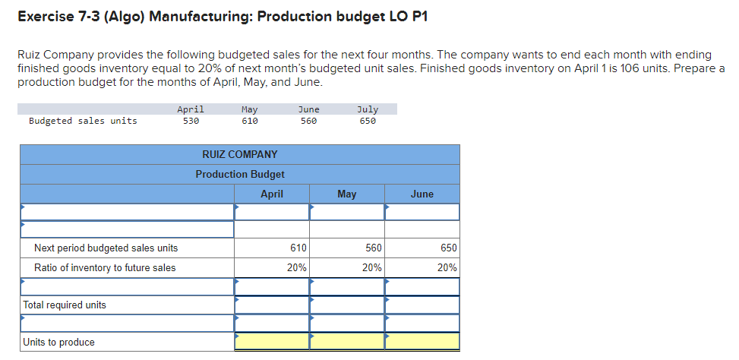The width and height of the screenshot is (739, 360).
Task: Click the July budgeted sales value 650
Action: click(368, 121)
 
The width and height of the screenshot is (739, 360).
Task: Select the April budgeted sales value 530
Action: click(191, 121)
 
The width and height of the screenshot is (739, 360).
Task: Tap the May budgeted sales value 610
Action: click(249, 121)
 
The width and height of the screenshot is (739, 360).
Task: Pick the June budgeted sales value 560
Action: click(308, 121)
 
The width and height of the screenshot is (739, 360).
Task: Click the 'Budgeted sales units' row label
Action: click(83, 121)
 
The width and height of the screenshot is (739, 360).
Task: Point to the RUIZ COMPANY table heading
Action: click(240, 154)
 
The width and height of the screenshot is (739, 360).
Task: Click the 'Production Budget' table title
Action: click(240, 174)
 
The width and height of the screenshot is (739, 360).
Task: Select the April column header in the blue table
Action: click(272, 194)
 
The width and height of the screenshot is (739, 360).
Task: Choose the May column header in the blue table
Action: click(346, 194)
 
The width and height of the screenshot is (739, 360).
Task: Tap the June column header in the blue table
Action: click(422, 194)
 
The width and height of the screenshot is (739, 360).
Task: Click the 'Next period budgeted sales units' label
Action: click(106, 248)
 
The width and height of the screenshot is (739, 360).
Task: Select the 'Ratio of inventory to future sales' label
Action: click(105, 267)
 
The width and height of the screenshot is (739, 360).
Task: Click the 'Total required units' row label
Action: click(65, 305)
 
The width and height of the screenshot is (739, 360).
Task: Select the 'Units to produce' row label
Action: click(59, 342)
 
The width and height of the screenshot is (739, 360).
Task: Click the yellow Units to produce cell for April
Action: click(272, 342)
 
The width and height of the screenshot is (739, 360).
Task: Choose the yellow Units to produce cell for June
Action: click(422, 342)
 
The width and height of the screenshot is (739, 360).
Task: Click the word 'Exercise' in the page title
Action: click(43, 17)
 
